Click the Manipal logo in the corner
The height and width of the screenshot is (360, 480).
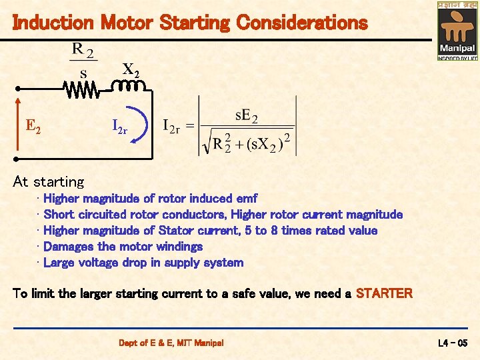point(457,31)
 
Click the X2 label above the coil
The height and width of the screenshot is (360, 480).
point(130,69)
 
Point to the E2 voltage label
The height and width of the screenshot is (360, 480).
point(33,125)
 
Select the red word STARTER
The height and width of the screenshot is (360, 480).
point(384,293)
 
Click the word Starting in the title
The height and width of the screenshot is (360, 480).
point(194,23)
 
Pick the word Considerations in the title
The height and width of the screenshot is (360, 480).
point(301,23)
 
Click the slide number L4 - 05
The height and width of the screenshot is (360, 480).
point(454,343)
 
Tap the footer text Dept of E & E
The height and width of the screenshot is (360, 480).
point(150,343)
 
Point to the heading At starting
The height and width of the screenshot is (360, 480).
point(49,181)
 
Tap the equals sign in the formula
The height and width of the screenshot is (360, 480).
point(190,126)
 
